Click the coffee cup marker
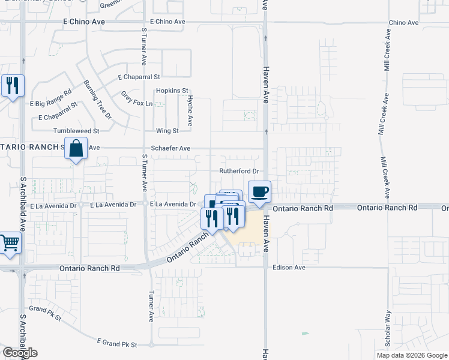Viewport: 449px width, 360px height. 259,193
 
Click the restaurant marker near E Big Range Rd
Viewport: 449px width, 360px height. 11,86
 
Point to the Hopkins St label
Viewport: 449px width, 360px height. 168,91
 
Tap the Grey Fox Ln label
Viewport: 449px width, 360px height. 137,99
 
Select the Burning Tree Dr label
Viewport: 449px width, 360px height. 98,99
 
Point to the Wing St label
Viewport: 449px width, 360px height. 167,130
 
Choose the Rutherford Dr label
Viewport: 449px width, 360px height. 238,171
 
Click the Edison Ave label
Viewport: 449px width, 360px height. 289,267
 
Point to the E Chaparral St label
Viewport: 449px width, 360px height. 139,77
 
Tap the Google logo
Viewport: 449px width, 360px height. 20,352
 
